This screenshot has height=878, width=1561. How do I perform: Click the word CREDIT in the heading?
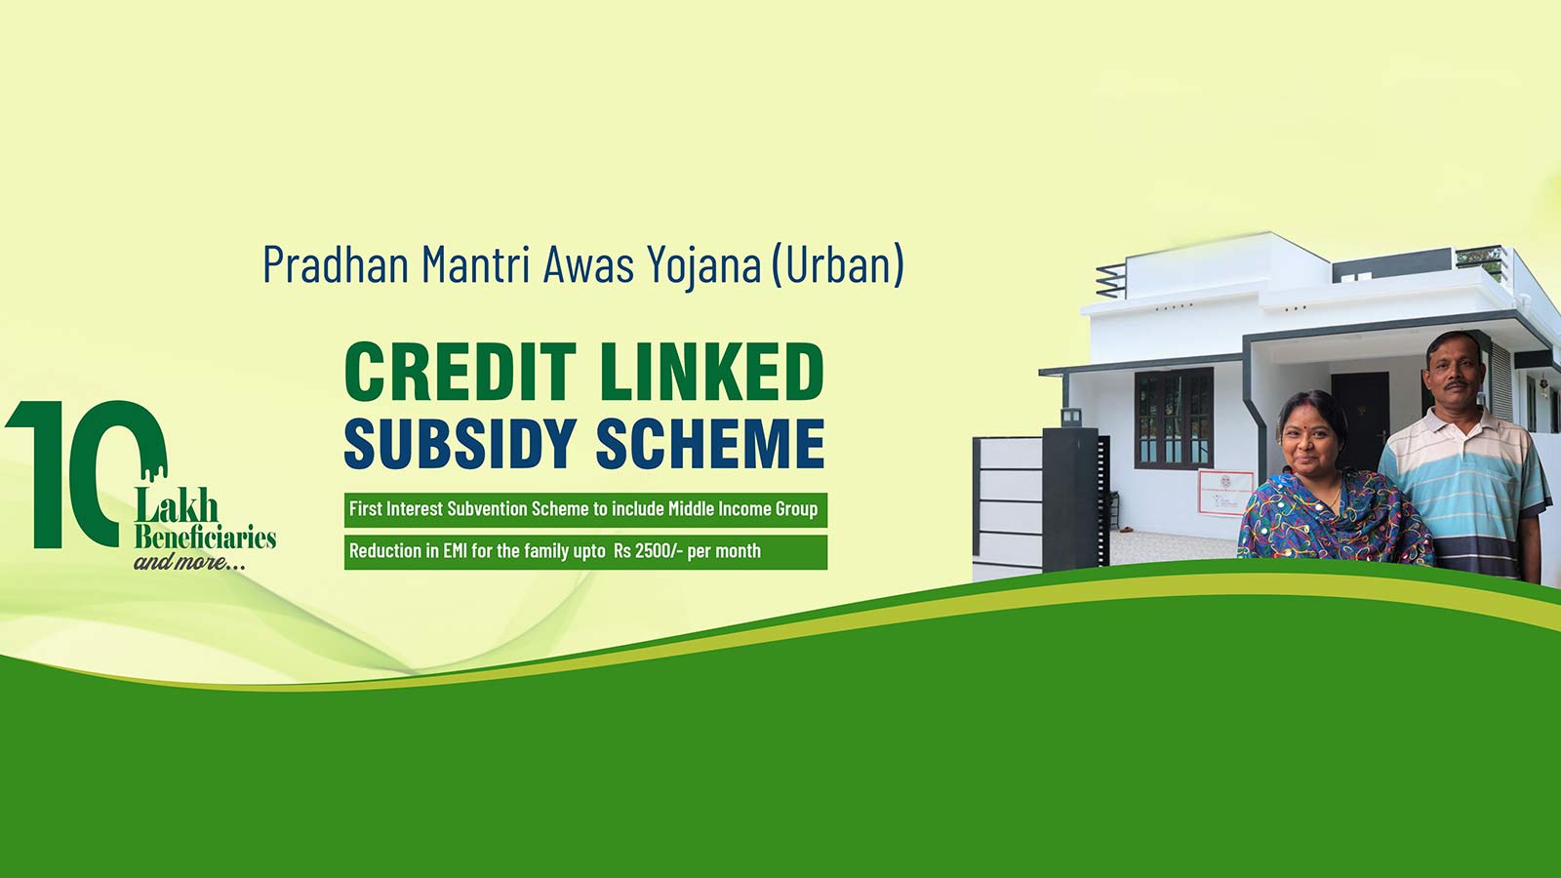pyautogui.click(x=460, y=373)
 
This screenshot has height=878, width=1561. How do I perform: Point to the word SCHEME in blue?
pyautogui.click(x=710, y=443)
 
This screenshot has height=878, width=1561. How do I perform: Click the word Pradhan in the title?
pyautogui.click(x=336, y=263)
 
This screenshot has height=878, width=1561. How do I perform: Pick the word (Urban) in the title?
pyautogui.click(x=837, y=264)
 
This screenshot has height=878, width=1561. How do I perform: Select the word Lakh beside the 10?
pyautogui.click(x=177, y=506)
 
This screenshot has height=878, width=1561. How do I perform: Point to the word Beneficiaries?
pyautogui.click(x=205, y=538)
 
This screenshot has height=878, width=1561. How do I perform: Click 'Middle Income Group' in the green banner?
pyautogui.click(x=742, y=509)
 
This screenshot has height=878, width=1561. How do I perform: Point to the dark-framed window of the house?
pyautogui.click(x=1174, y=419)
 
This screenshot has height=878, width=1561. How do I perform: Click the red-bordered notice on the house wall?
pyautogui.click(x=1225, y=493)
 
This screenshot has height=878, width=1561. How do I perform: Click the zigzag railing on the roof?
pyautogui.click(x=1111, y=281)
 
